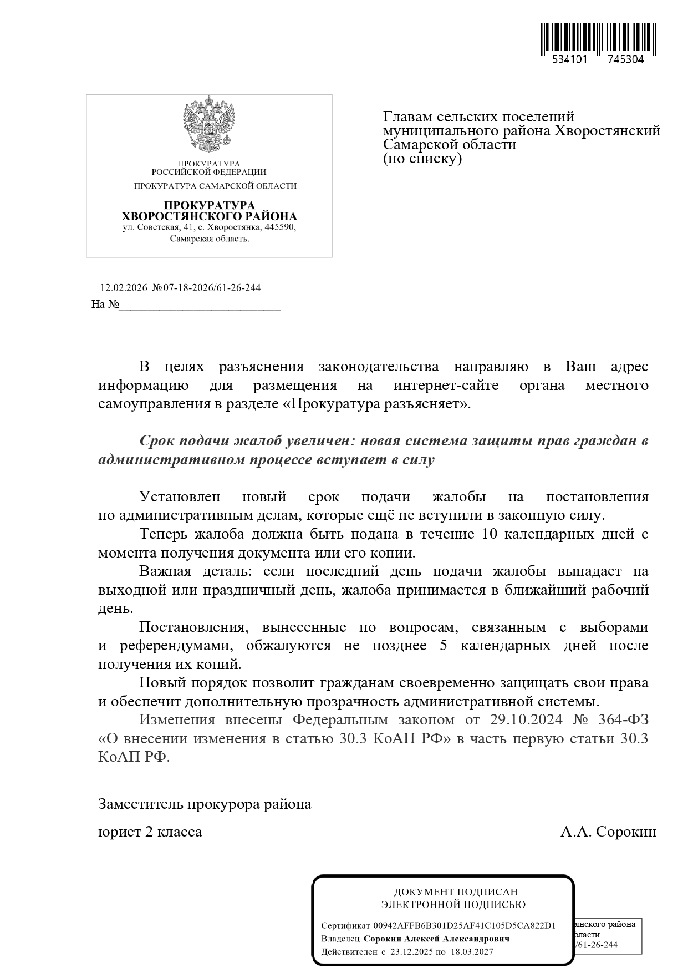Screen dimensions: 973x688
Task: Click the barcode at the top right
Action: pyautogui.click(x=598, y=39)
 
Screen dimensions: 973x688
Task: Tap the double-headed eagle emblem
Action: pyautogui.click(x=209, y=125)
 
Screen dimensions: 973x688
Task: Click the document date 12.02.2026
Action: pyautogui.click(x=123, y=288)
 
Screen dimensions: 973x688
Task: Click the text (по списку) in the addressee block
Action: pyautogui.click(x=422, y=159)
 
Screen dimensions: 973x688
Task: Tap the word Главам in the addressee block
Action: pyautogui.click(x=408, y=117)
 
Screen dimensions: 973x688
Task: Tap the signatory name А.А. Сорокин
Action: pyautogui.click(x=608, y=832)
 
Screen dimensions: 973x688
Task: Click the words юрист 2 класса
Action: pyautogui.click(x=150, y=832)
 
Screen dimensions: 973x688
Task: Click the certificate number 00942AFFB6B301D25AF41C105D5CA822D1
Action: pyautogui.click(x=464, y=926)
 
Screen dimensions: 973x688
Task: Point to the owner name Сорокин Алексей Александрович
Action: pyautogui.click(x=436, y=939)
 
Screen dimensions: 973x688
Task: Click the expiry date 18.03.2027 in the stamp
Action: pyautogui.click(x=472, y=952)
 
